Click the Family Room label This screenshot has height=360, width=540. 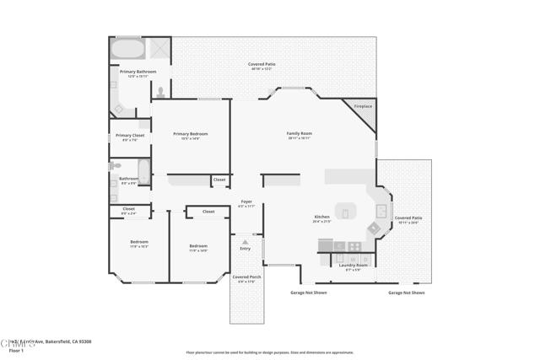click(300, 134)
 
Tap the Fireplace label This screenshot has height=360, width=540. click(362, 106)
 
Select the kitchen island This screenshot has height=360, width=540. click(346, 211)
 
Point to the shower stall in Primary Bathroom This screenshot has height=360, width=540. click(160, 48)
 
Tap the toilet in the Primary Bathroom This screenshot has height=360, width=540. click(160, 92)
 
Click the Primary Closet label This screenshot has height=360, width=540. click(130, 136)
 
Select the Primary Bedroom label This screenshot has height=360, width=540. click(190, 134)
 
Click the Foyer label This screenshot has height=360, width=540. click(246, 201)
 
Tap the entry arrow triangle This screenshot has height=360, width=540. click(246, 242)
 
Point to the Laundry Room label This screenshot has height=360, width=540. click(354, 266)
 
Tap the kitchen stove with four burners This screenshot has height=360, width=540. click(354, 247)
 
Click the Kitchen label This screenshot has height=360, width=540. click(321, 218)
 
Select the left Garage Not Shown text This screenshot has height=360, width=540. click(303, 293)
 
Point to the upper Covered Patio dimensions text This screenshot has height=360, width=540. click(262, 69)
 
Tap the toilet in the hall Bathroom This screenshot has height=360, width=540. click(115, 167)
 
